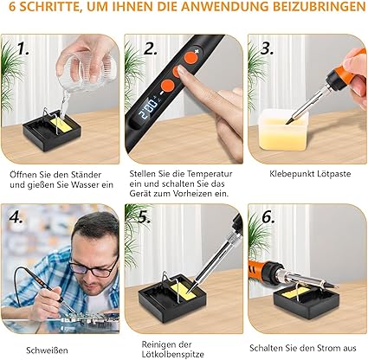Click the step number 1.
[23, 48]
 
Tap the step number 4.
[16, 217]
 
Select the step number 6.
[268, 217]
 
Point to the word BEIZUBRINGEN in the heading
[320, 7]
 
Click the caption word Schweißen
[47, 350]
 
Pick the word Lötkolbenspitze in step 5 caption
[172, 354]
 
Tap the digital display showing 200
[149, 106]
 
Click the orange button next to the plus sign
[190, 57]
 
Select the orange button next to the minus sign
[167, 86]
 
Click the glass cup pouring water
[86, 69]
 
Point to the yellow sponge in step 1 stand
[61, 125]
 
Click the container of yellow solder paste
[282, 131]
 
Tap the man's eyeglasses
[93, 268]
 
